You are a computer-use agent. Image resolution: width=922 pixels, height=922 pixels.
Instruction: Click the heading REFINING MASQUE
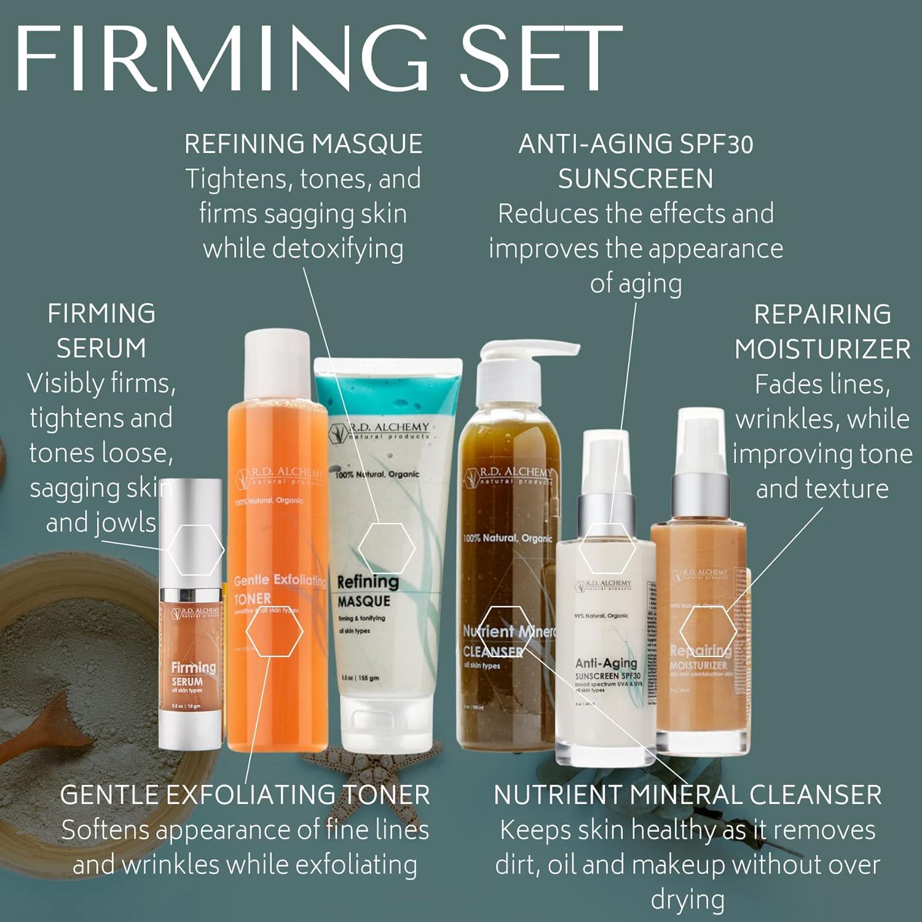[303, 144]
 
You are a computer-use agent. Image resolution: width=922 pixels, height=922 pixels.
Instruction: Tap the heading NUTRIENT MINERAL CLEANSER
[687, 795]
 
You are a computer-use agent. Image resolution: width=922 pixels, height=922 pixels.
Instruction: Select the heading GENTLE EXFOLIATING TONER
[245, 795]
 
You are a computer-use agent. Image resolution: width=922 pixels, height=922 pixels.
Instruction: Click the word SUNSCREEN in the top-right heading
[636, 179]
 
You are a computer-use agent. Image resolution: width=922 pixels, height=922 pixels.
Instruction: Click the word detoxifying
[303, 249]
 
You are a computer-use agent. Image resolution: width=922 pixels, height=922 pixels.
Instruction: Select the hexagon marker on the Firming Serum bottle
[195, 549]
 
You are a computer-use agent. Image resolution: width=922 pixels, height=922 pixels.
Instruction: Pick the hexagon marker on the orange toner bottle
[274, 632]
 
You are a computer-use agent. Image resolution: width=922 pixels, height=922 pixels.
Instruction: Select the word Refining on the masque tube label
[368, 581]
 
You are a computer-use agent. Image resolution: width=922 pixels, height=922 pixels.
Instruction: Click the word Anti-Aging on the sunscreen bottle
[606, 663]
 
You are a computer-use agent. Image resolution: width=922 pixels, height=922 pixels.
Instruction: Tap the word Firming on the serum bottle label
[193, 668]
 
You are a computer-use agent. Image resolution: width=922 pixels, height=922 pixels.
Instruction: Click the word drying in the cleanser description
[687, 900]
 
